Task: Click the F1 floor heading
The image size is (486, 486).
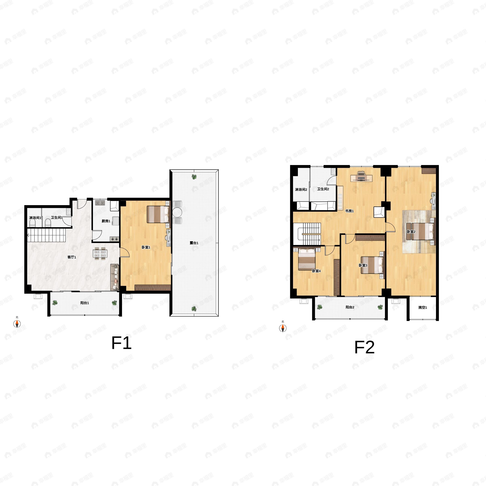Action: (x=121, y=343)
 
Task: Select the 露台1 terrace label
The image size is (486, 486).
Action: (x=194, y=243)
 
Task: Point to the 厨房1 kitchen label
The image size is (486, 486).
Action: (x=106, y=221)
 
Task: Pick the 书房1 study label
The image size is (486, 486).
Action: (x=349, y=211)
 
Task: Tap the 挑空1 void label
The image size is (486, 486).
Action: (x=423, y=307)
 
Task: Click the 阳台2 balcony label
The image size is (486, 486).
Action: (x=350, y=307)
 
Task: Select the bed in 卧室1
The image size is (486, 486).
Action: (x=158, y=214)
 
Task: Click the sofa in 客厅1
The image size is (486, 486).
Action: (x=115, y=277)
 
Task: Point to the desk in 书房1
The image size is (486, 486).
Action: (x=361, y=177)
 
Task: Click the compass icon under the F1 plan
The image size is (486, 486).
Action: (x=17, y=324)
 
